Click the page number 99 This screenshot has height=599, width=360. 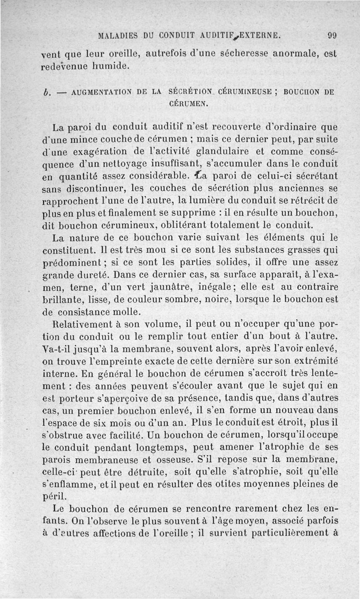333,35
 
